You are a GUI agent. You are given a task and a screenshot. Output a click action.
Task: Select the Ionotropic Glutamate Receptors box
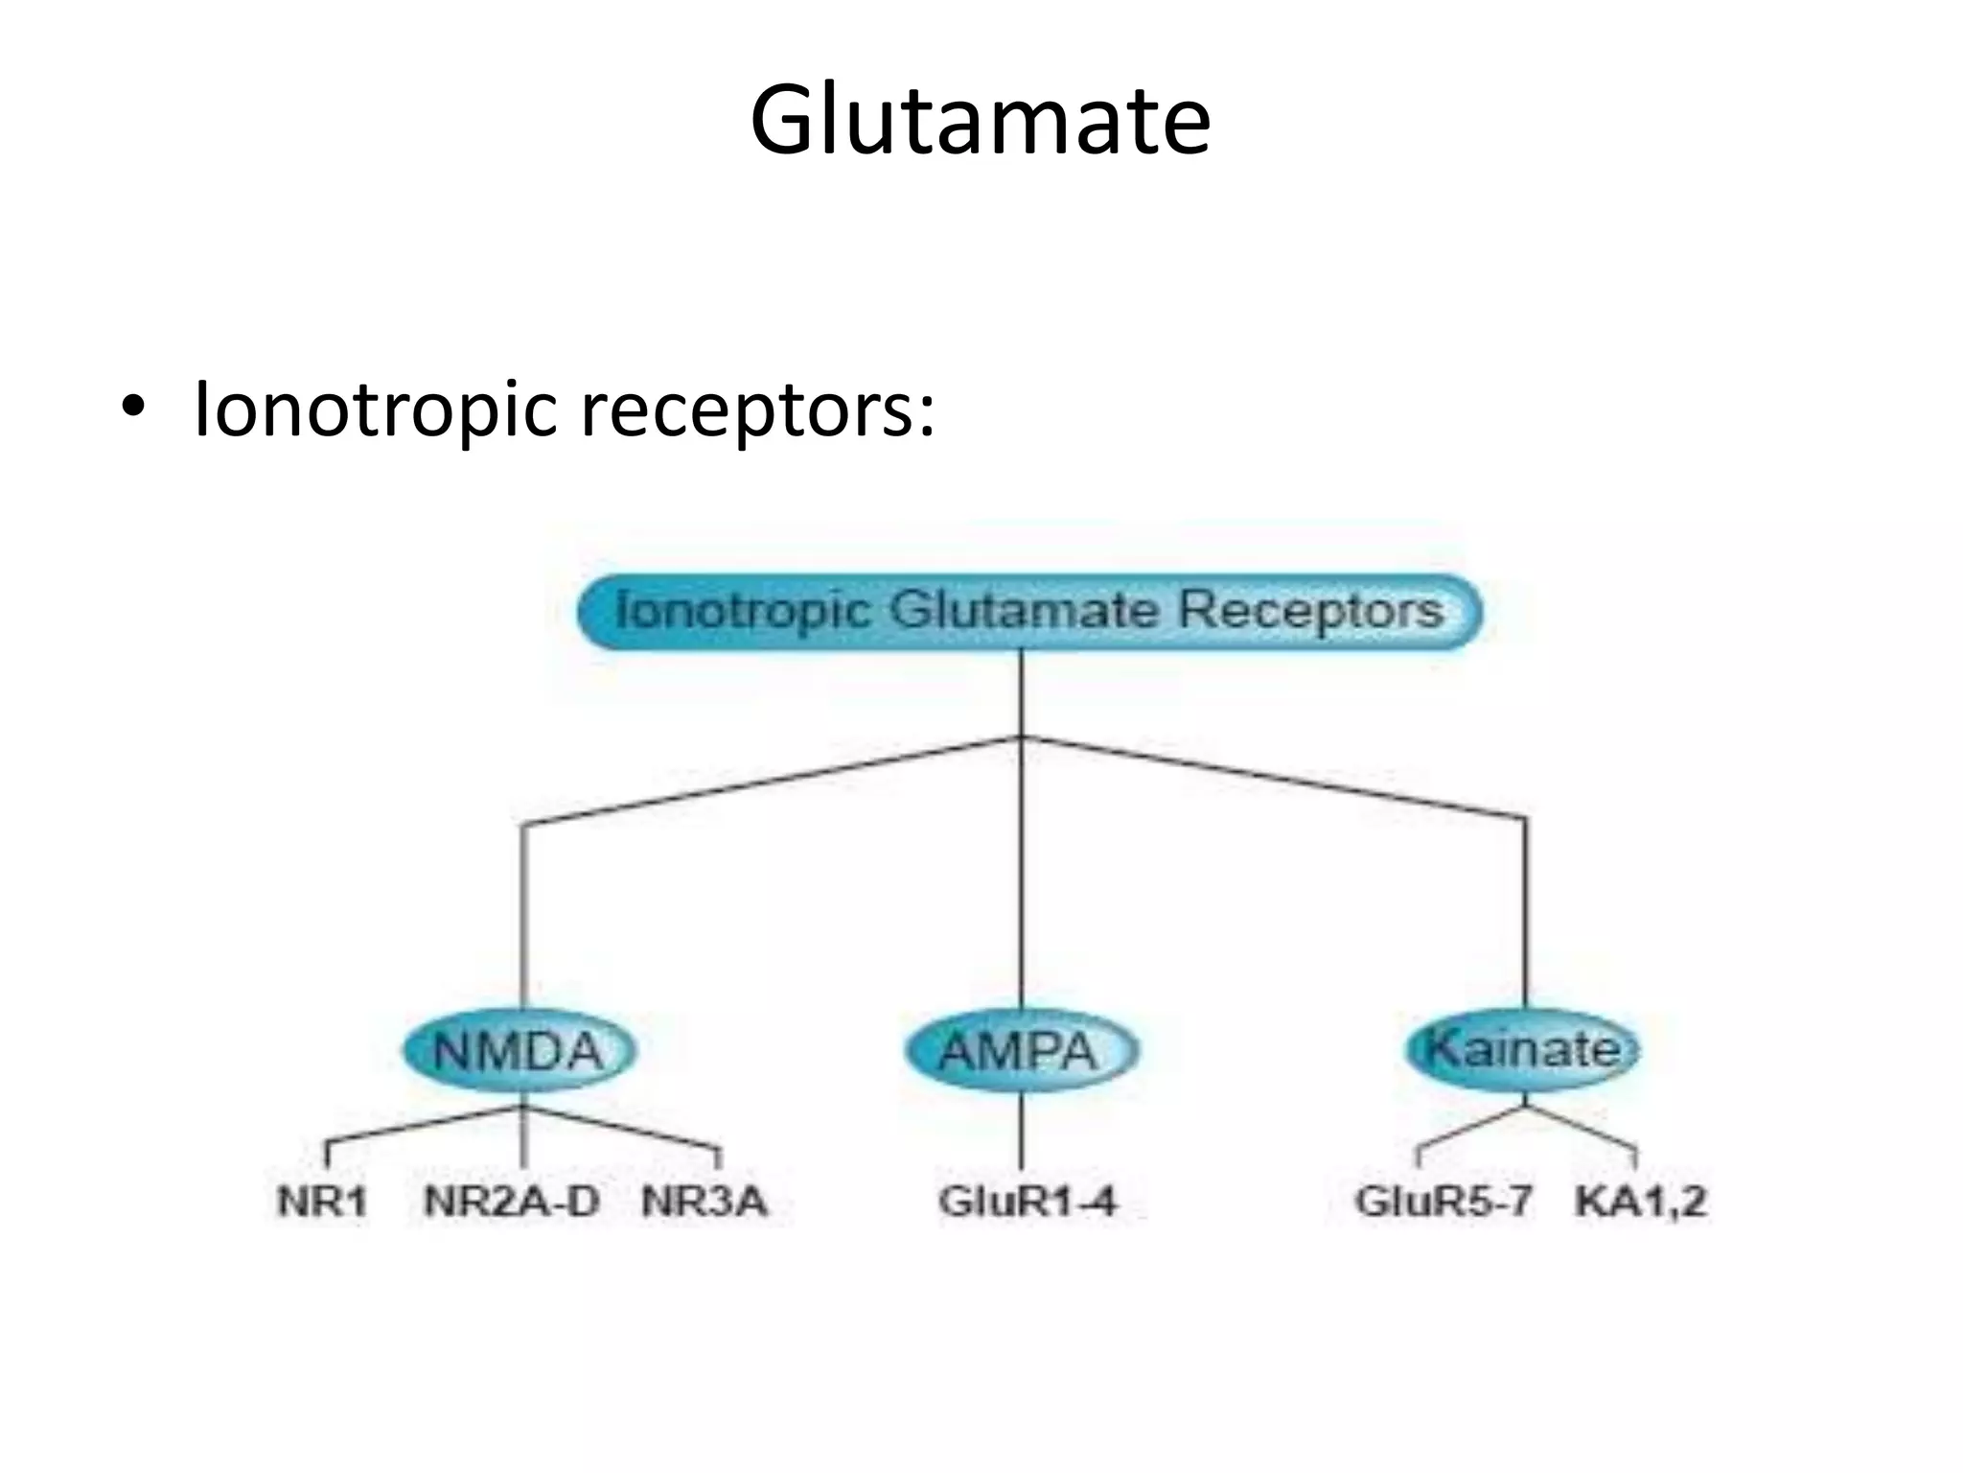pyautogui.click(x=1029, y=611)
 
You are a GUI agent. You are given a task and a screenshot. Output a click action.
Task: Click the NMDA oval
pyautogui.click(x=519, y=1051)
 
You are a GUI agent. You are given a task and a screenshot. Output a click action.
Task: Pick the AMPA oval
pyautogui.click(x=1019, y=1051)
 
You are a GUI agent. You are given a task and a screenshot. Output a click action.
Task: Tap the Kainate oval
pyautogui.click(x=1523, y=1047)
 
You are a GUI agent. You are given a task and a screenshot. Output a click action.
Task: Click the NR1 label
pyautogui.click(x=322, y=1202)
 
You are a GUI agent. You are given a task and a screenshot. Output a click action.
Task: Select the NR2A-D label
pyautogui.click(x=511, y=1202)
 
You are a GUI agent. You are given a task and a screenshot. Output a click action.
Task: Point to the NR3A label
pyautogui.click(x=704, y=1202)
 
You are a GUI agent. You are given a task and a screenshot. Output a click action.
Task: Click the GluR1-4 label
pyautogui.click(x=1028, y=1202)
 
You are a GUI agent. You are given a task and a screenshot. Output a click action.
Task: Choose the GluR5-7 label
pyautogui.click(x=1443, y=1202)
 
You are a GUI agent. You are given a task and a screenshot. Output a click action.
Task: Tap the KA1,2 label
pyautogui.click(x=1640, y=1202)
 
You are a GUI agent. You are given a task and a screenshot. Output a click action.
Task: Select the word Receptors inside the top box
pyautogui.click(x=1310, y=611)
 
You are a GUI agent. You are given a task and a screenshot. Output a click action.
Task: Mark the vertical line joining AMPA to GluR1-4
pyautogui.click(x=1021, y=1136)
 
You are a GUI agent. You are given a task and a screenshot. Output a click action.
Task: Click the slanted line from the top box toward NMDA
pyautogui.click(x=767, y=781)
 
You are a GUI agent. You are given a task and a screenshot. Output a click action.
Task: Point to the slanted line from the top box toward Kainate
pyautogui.click(x=1275, y=779)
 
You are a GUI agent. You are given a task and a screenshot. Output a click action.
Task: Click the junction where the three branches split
pyautogui.click(x=1022, y=737)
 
